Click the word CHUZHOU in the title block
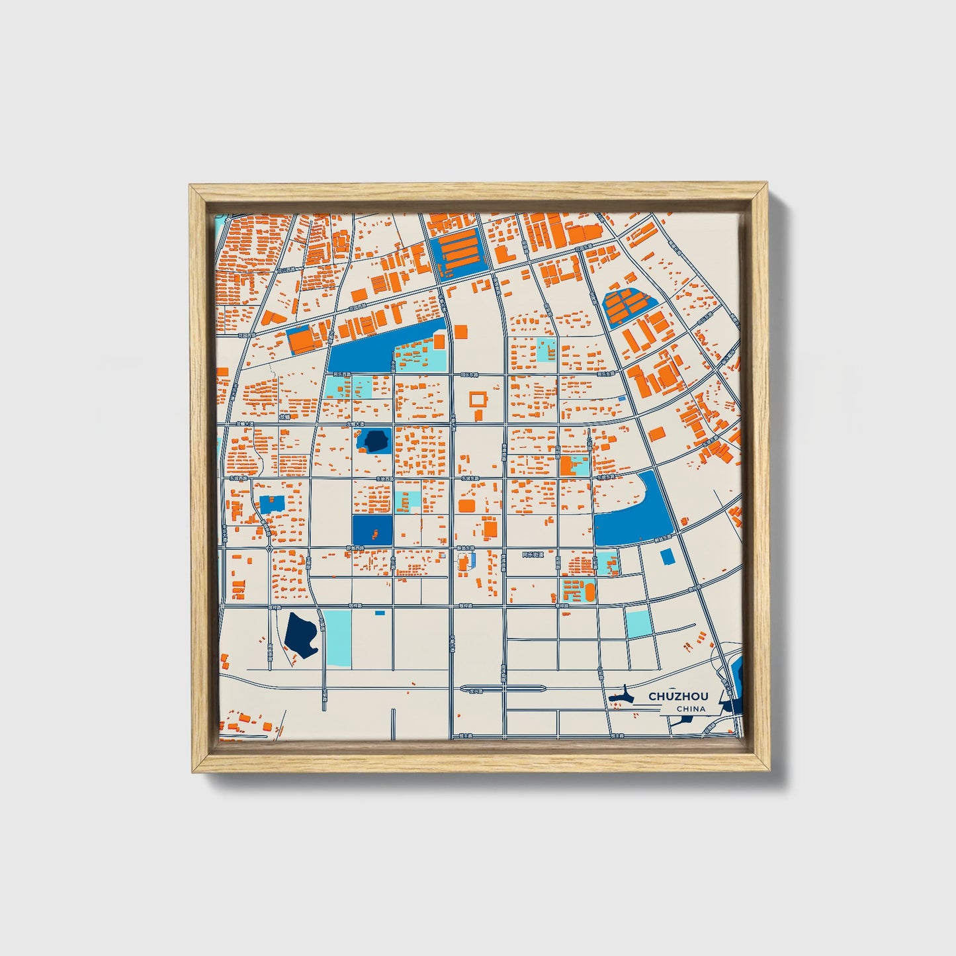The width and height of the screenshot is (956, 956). pos(677,696)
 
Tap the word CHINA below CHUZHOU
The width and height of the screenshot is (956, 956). pos(690,709)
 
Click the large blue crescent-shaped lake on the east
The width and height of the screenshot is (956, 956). pos(635,516)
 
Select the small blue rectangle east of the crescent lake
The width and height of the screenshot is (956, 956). pos(668,557)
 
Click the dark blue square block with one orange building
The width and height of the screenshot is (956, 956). pos(372,530)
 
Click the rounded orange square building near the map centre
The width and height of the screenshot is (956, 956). pos(466,506)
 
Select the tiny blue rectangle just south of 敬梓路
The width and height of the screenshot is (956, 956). pos(380,613)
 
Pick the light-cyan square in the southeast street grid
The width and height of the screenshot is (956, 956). pos(639,623)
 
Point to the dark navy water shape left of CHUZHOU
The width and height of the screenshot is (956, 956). pos(621,697)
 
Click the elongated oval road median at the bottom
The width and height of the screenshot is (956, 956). pos(503,689)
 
